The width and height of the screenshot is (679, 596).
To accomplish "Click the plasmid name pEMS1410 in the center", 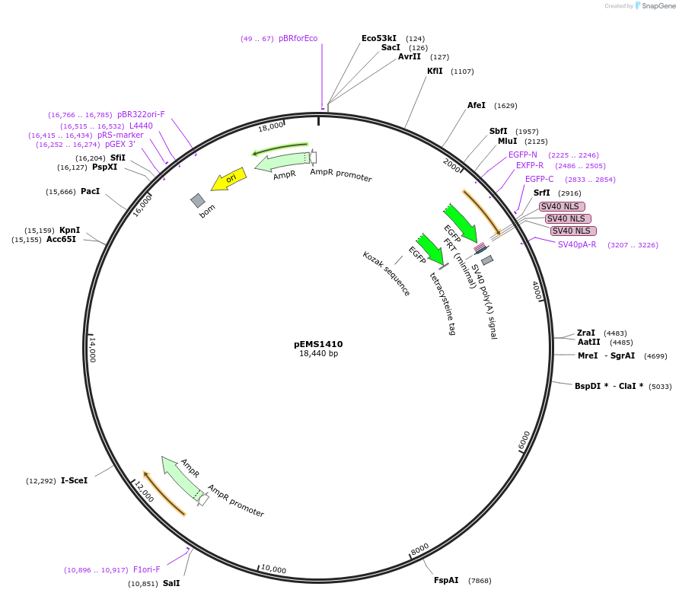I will [318, 344].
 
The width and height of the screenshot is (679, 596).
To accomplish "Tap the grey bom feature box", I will [198, 200].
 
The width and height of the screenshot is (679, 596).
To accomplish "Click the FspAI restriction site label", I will [446, 580].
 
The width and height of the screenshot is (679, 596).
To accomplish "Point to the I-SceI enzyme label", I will [74, 480].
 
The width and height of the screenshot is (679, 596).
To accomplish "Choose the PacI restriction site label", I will [90, 191].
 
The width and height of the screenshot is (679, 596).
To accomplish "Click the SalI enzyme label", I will [171, 584].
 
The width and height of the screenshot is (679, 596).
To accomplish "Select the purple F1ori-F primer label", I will [147, 569].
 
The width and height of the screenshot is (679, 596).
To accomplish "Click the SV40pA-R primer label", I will [577, 244].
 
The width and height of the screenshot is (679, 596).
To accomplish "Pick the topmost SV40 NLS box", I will [562, 206].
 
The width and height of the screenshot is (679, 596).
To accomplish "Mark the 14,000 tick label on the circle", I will [92, 349].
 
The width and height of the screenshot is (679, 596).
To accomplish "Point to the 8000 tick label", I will [419, 550].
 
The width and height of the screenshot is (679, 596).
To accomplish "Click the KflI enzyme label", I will [435, 71].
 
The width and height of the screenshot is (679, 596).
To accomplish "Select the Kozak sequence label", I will [386, 273].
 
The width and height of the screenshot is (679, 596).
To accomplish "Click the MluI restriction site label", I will [507, 141].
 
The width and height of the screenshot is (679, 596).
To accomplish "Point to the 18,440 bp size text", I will [318, 354].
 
